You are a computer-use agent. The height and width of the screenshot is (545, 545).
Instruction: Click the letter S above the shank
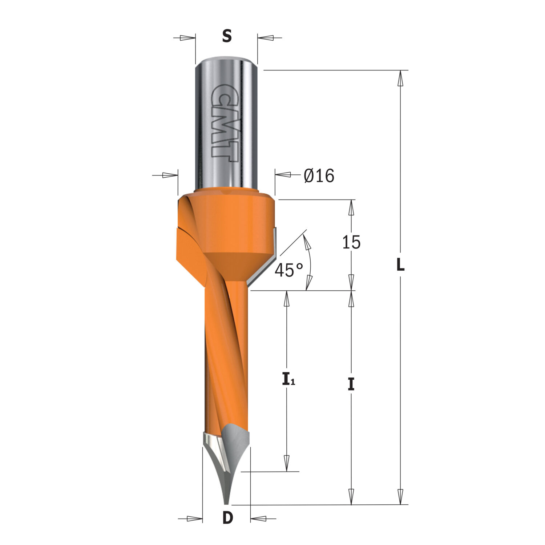click(227, 36)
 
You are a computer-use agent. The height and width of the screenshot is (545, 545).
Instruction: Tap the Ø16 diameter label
click(319, 176)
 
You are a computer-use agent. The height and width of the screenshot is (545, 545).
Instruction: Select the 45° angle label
click(288, 270)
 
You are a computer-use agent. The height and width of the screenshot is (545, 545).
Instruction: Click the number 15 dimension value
click(351, 242)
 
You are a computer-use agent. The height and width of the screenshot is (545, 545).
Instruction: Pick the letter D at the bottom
click(227, 518)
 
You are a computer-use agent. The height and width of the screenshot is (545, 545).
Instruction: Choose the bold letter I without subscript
click(351, 384)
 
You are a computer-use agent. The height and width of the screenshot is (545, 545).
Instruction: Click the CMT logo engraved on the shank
click(222, 120)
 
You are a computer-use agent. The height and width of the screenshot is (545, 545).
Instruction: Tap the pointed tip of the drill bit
click(226, 504)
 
